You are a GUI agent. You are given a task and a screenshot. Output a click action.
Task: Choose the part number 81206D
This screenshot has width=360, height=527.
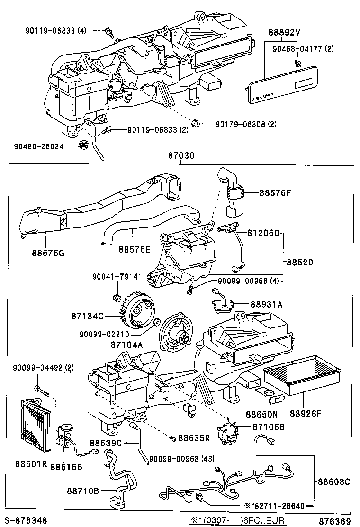[264, 233]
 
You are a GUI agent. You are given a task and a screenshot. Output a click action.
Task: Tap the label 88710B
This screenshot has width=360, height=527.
[82, 491]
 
